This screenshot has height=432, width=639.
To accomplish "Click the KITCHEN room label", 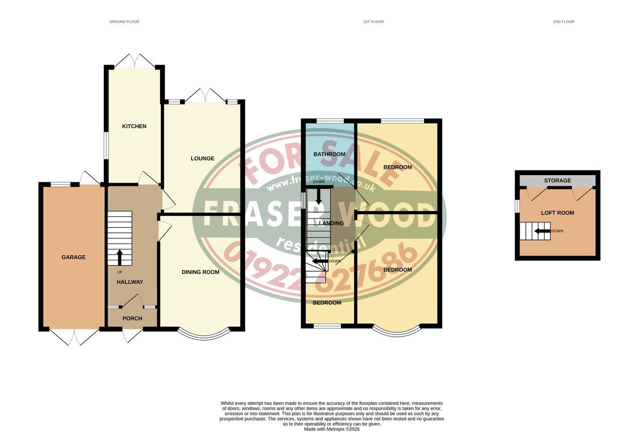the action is (x=134, y=126).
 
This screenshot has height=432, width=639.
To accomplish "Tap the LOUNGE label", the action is (x=202, y=159).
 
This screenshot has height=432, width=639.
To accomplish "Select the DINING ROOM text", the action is (x=201, y=273).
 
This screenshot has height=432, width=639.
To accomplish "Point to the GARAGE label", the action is (x=73, y=257).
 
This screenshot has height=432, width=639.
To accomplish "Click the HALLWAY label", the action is (x=130, y=282).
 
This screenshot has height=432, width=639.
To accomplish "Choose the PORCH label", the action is (x=132, y=318).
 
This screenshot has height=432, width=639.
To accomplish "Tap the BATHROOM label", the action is (x=329, y=154).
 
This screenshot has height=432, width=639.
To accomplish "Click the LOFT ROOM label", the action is (x=558, y=213).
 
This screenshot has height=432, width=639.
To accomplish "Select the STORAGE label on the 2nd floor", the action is (x=558, y=180).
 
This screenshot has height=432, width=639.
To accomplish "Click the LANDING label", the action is (x=331, y=223).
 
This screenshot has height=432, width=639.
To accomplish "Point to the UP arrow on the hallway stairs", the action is (x=120, y=257).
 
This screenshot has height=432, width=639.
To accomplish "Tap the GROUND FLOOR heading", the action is (x=124, y=22).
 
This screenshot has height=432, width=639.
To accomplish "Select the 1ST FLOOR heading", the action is (x=373, y=22).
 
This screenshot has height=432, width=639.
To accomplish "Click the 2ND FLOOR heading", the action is (x=563, y=22).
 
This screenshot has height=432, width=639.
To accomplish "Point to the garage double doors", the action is (x=74, y=337).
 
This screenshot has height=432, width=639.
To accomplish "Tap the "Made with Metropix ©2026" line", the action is (x=331, y=429).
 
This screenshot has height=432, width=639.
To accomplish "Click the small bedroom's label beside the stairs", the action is (x=327, y=303).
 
